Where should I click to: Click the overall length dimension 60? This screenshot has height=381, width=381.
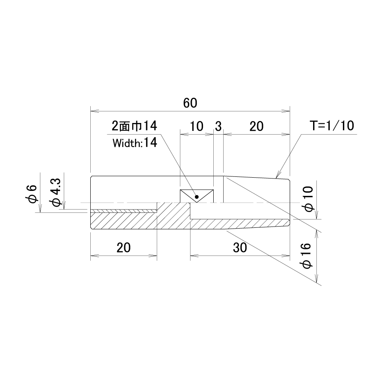[190, 103]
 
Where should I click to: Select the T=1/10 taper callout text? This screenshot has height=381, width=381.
[332, 125]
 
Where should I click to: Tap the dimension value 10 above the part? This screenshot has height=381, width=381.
[196, 126]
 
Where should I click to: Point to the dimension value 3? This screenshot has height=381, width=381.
[218, 126]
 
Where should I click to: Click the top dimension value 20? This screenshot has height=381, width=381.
[256, 126]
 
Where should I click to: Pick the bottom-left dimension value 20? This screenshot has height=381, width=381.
[124, 248]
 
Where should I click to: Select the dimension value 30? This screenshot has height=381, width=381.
[240, 248]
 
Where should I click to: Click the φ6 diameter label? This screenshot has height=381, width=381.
[32, 194]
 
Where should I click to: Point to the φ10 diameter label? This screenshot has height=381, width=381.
[309, 199]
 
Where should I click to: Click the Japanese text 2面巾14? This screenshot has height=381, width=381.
[134, 126]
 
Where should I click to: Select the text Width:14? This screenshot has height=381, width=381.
[135, 143]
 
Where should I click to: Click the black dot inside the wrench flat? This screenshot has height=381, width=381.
[197, 197]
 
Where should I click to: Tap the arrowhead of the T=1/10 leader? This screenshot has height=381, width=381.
[278, 176]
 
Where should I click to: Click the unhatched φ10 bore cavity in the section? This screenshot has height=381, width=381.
[239, 211]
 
